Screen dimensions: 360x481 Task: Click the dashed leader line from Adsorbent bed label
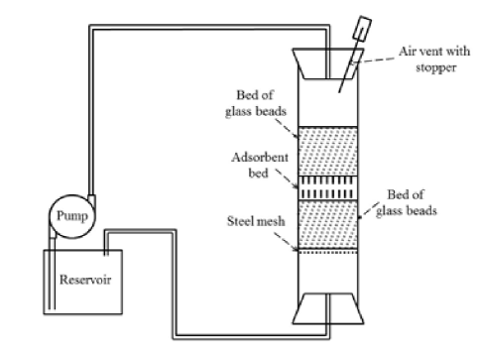[x=288, y=180]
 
